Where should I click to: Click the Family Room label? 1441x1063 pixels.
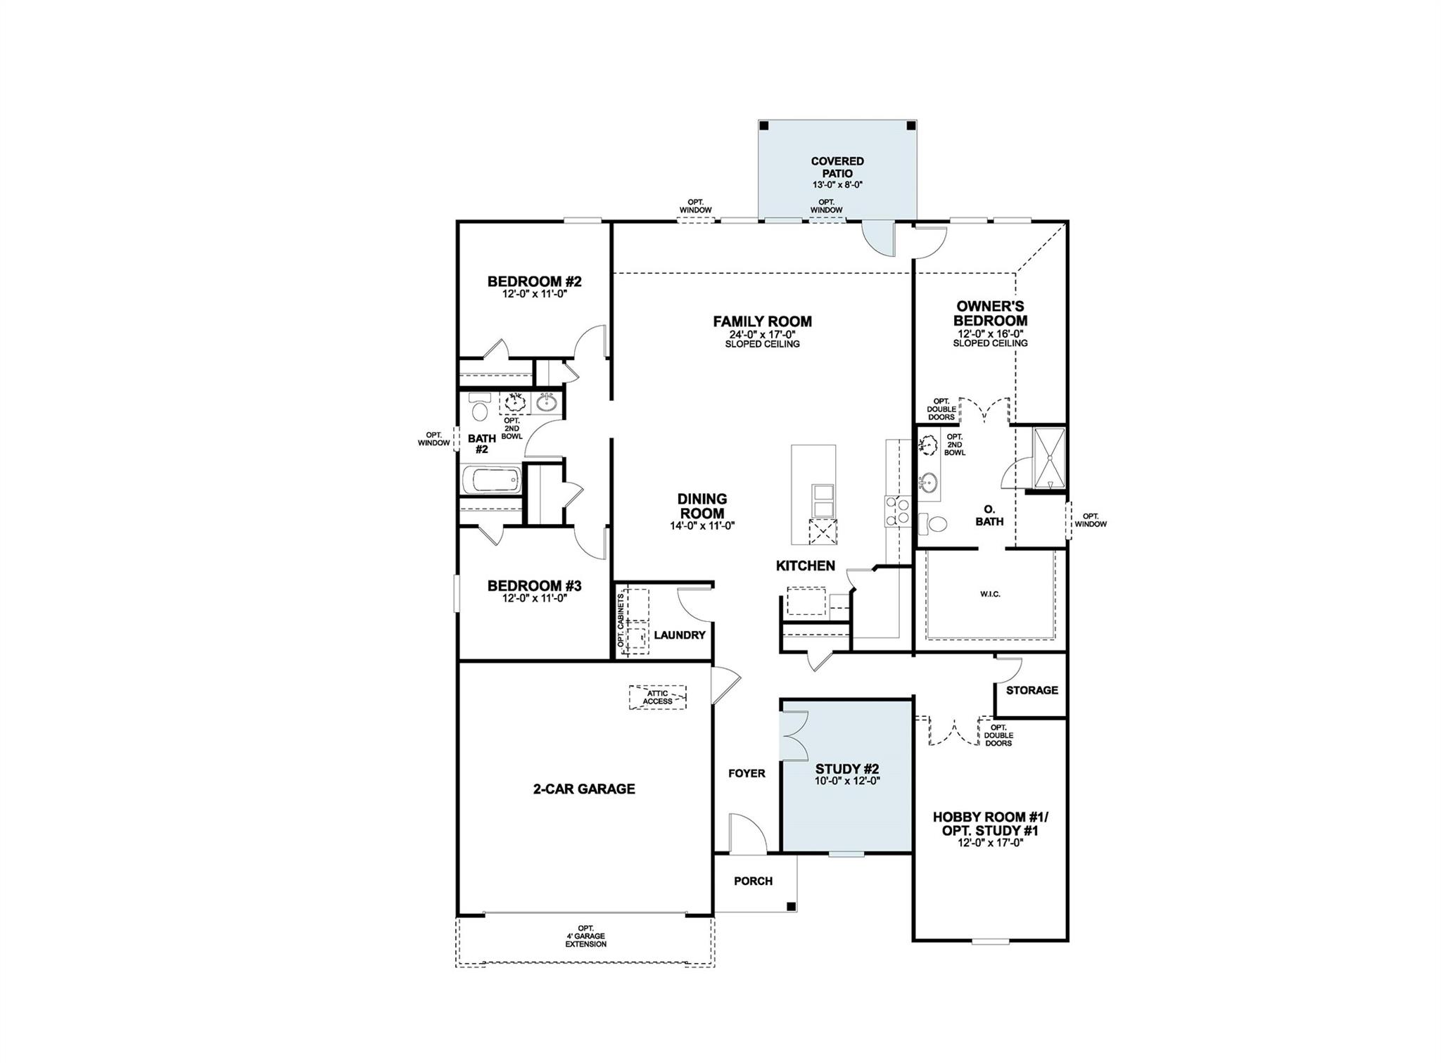point(762,322)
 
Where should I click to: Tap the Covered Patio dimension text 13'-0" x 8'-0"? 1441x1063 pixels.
point(837,185)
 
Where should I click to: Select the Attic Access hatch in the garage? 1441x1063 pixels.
point(658,696)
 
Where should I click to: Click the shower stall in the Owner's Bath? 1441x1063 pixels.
point(1049,457)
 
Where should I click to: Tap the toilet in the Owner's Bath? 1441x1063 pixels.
point(934,523)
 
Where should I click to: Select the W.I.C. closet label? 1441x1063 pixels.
point(990,594)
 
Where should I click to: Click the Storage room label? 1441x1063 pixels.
point(1031,690)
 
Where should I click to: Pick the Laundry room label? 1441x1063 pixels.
point(679,635)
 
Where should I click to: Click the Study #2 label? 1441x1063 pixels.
point(847,769)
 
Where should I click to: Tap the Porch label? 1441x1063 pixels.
point(753,881)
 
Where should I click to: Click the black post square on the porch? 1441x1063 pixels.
point(791,906)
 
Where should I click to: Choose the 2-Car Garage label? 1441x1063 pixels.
point(584,789)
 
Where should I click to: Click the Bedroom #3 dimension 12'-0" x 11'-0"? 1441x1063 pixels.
point(534,598)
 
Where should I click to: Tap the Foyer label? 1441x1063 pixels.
point(747,773)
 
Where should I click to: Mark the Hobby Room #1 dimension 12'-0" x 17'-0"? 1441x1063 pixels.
point(990,842)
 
